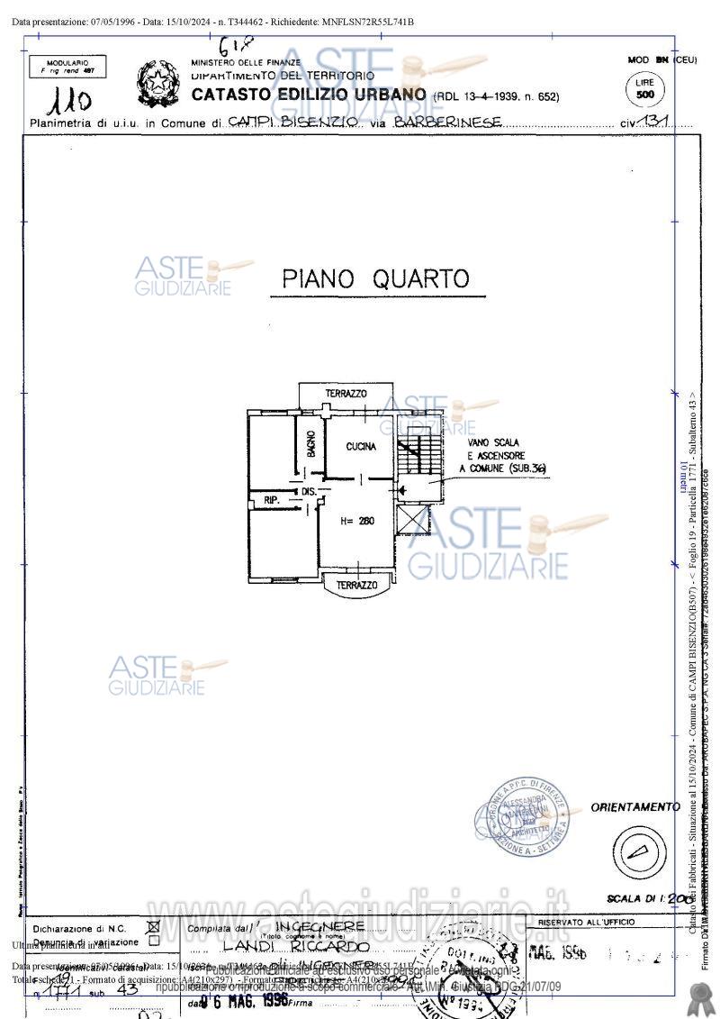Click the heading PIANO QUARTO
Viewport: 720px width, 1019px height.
tap(376, 278)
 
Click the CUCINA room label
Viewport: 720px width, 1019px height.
tap(361, 446)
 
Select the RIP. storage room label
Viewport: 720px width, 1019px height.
tap(271, 499)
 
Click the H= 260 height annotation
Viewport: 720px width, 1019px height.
tap(357, 521)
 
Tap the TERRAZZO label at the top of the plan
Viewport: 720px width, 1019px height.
tap(346, 395)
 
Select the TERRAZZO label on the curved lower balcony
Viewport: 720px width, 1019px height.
tap(356, 586)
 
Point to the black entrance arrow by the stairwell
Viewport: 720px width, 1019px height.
tap(402, 490)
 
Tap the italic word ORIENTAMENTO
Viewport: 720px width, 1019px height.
tap(634, 807)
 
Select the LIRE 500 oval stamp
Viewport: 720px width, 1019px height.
tap(644, 89)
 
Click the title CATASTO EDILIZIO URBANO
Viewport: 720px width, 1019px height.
tap(309, 95)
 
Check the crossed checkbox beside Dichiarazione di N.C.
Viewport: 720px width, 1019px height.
tap(153, 925)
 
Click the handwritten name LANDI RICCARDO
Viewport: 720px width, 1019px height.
tap(296, 947)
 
